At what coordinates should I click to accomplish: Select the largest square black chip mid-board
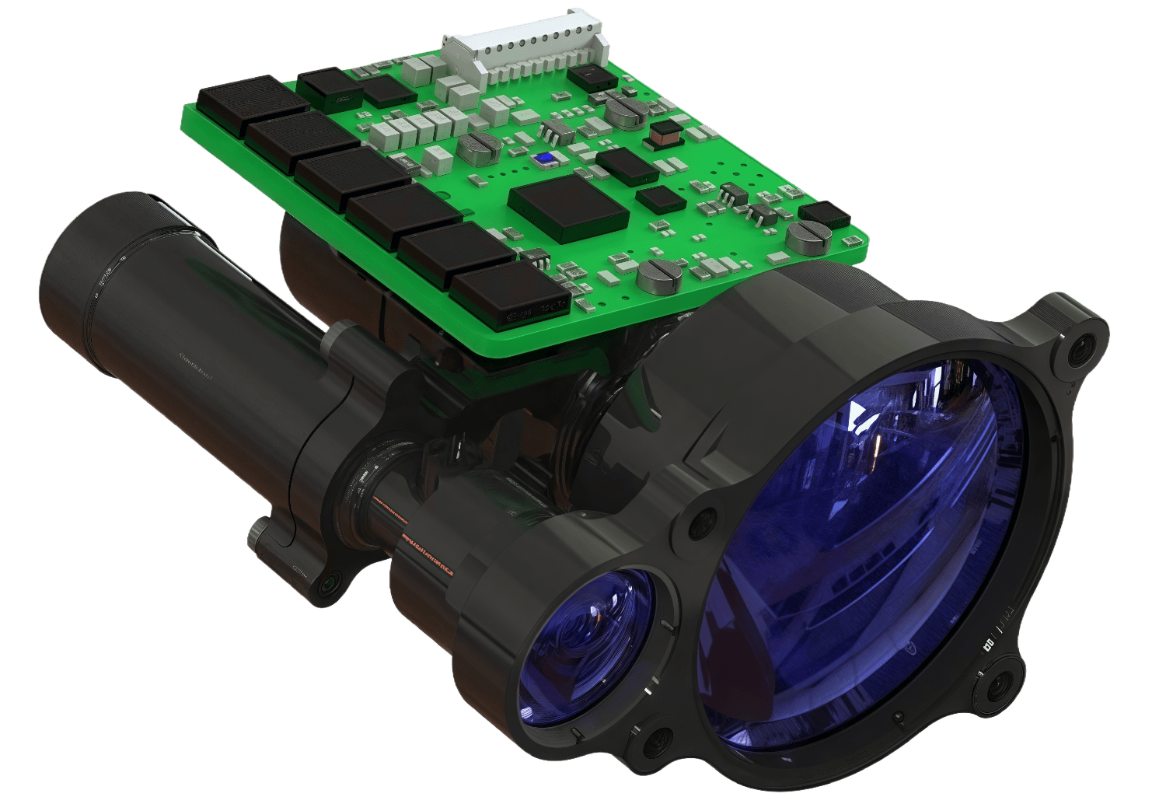point(568,205)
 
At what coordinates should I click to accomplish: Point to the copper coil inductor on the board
point(663,135)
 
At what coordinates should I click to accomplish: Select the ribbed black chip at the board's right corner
point(825,214)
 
